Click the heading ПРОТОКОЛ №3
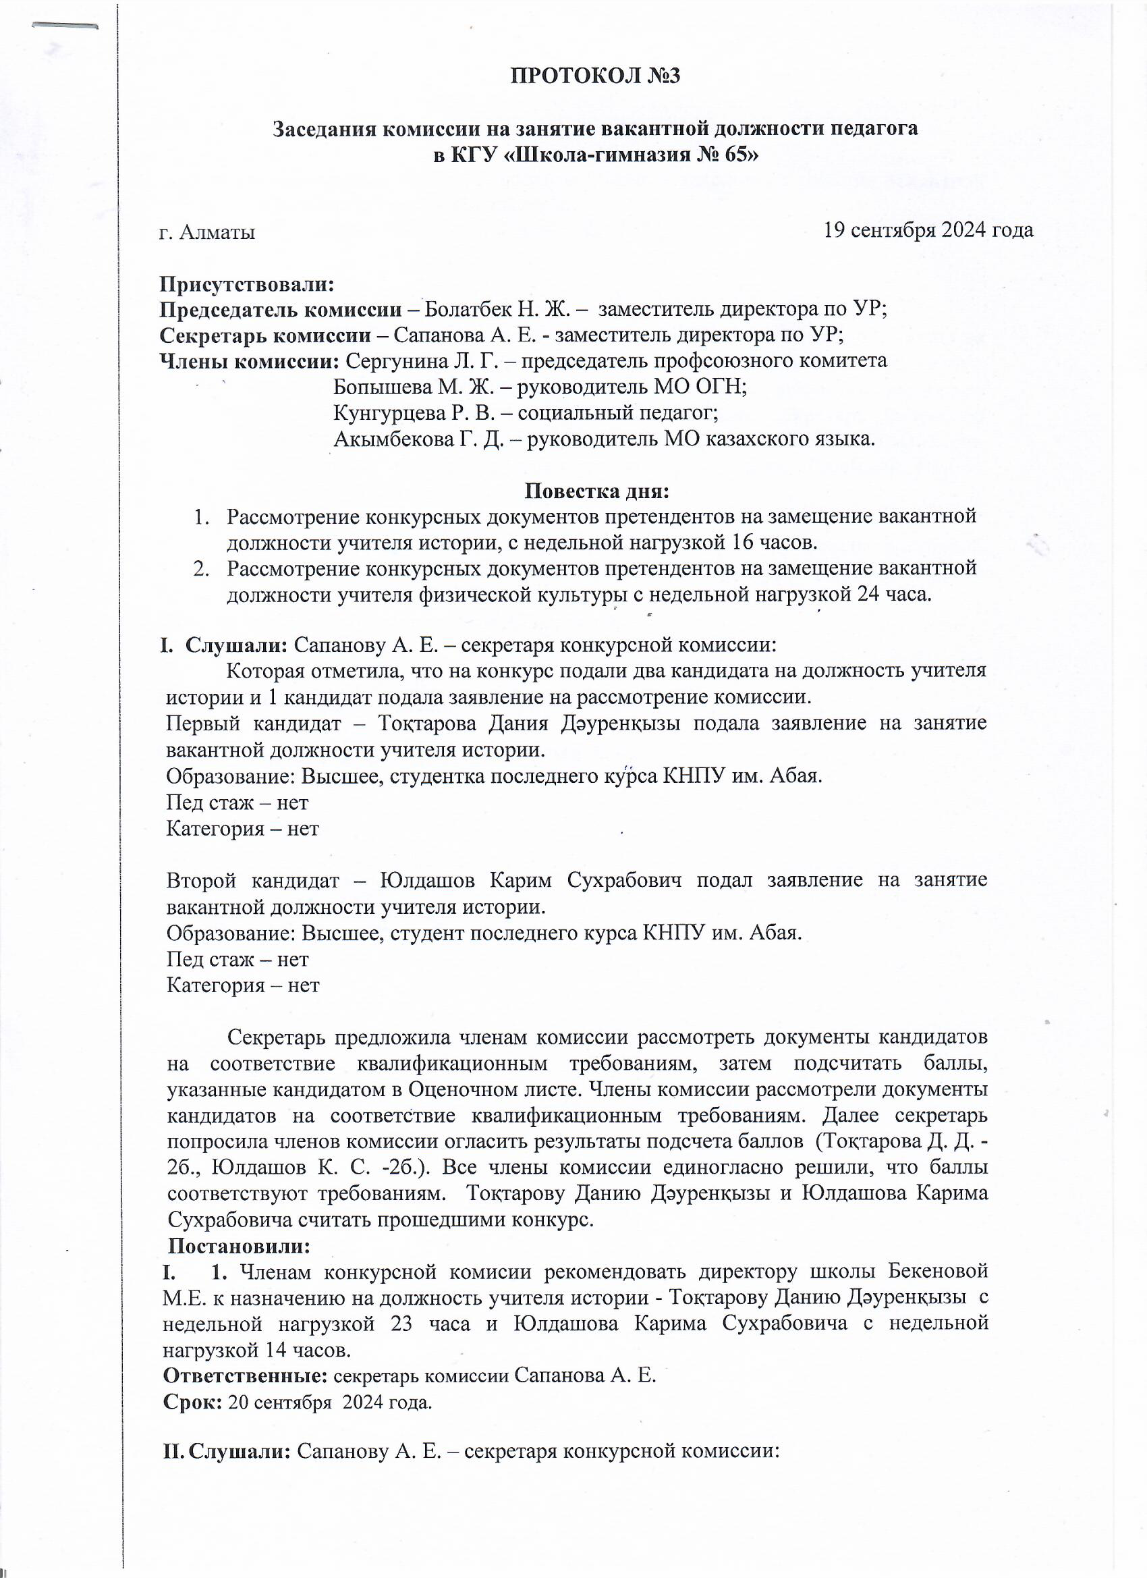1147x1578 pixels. (x=594, y=76)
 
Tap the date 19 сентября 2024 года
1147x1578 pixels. (x=928, y=229)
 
